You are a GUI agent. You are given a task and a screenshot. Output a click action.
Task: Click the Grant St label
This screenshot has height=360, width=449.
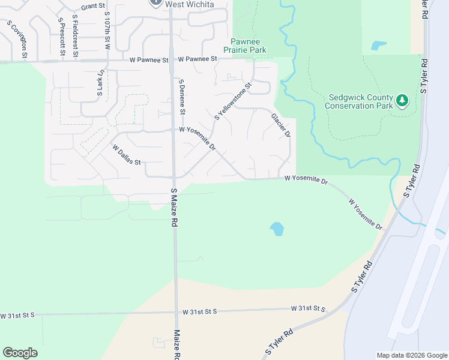click(x=93, y=6)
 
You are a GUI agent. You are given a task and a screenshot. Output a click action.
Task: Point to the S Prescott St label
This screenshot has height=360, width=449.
click(x=61, y=38)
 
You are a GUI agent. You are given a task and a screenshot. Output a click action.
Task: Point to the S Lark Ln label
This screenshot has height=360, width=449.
click(x=100, y=83)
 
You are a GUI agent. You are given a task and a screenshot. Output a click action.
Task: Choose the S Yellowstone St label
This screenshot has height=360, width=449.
click(x=234, y=101)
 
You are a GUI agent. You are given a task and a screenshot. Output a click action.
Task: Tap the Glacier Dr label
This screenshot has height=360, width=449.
click(x=280, y=125)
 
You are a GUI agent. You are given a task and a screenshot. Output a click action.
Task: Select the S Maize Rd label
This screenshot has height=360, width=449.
click(x=173, y=207)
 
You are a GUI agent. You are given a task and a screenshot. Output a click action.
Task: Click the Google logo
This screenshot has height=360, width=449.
click(x=20, y=353)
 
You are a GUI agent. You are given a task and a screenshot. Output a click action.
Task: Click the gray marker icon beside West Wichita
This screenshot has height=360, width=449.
click(x=155, y=2)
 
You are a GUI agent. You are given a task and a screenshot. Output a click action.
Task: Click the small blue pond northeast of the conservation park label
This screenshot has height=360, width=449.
click(x=378, y=46)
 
